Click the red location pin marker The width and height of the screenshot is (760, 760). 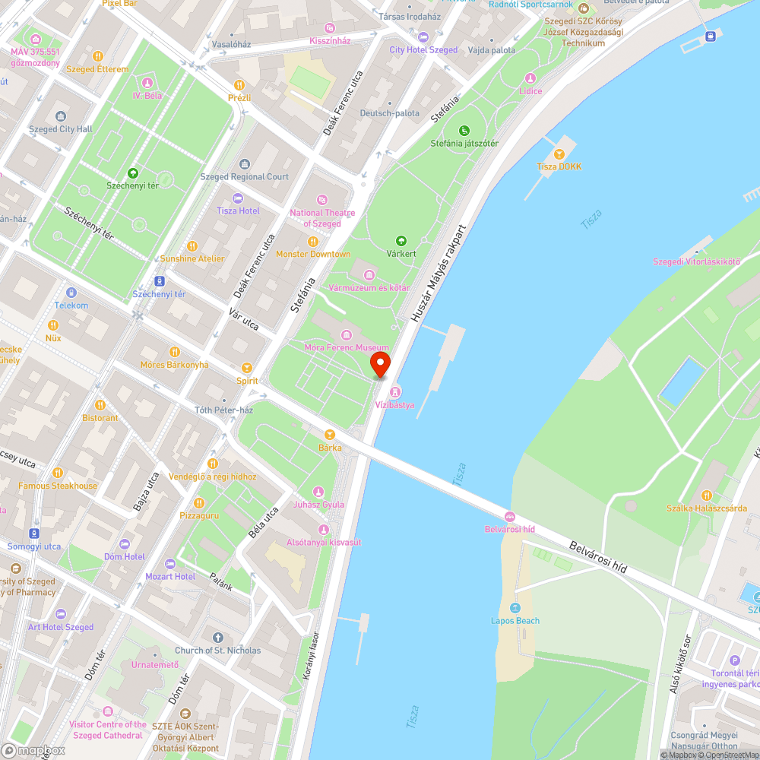click(x=379, y=363)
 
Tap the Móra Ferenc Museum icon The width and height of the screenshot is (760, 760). click(x=347, y=335)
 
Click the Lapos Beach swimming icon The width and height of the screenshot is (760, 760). click(x=515, y=608)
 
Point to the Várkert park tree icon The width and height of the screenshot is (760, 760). click(x=401, y=241)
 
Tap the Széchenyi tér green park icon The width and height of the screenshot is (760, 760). click(x=133, y=173)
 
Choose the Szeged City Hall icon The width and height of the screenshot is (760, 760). click(x=61, y=116)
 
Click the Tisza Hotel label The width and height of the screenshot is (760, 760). click(x=238, y=211)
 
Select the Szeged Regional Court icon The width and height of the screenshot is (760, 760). click(x=244, y=164)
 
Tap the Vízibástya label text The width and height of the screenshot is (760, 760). click(x=395, y=405)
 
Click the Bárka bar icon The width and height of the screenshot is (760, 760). click(x=329, y=435)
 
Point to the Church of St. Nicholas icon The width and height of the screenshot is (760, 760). click(x=218, y=638)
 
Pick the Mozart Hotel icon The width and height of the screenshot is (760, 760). click(x=169, y=564)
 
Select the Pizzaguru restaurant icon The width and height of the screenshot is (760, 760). click(x=198, y=502)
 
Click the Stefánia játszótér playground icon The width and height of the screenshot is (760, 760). click(x=464, y=131)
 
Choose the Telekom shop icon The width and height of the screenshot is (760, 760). click(x=71, y=293)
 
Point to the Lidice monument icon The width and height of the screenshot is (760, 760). click(x=530, y=78)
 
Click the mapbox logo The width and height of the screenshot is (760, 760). click(x=32, y=750)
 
